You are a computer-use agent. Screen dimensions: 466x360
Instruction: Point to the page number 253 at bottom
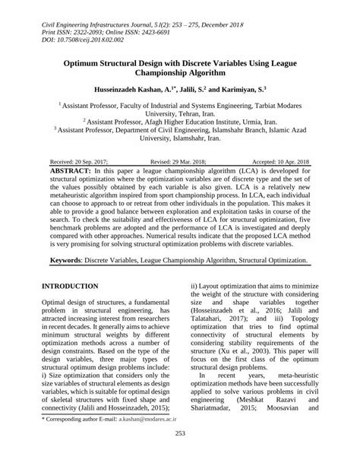pos(180,455)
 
